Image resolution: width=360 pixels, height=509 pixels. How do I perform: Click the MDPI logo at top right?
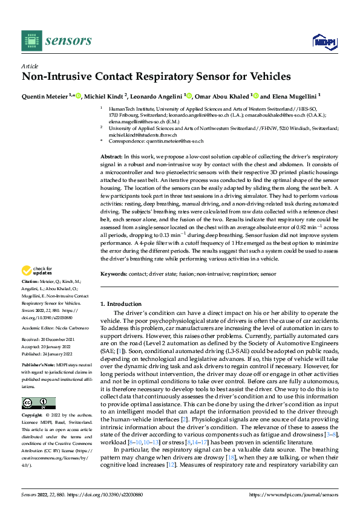coord(323,41)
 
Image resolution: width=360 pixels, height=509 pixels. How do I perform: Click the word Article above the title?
coord(29,66)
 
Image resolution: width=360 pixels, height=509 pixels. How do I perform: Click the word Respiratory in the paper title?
coord(185,77)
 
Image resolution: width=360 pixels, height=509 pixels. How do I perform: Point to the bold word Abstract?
coord(111,157)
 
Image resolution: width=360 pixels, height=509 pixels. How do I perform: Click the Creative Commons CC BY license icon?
coord(38,403)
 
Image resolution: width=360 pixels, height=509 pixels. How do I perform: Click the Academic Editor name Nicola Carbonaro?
coord(72,327)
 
